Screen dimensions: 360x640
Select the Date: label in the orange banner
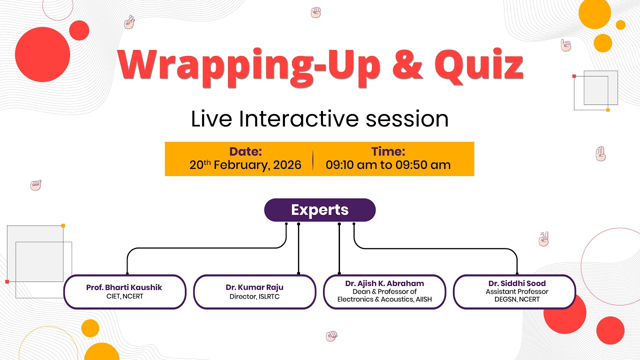coord(245,151)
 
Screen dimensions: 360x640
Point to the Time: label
coord(388,151)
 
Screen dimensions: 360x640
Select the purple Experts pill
coord(319,210)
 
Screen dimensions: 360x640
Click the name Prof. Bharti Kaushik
coord(124,287)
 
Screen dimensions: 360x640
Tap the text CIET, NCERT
coord(124,296)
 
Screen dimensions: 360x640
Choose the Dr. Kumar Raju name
coord(254,287)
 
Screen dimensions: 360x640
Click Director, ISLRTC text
coord(254,296)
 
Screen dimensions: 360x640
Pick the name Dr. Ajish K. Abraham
coord(384,283)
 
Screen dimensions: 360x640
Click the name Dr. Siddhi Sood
coord(517,283)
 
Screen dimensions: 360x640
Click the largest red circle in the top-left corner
coord(42,54)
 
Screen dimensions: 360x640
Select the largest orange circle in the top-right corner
coord(594,12)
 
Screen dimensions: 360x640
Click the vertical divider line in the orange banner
coord(313,159)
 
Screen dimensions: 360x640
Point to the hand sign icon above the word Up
coord(315,12)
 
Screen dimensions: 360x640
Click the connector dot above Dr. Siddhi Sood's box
coord(517,273)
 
